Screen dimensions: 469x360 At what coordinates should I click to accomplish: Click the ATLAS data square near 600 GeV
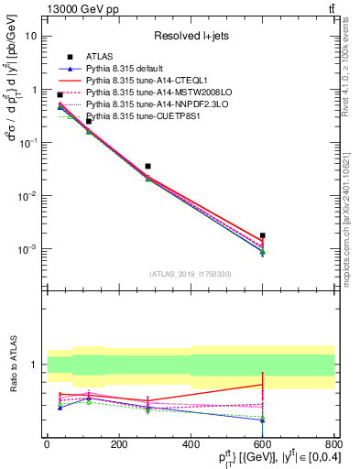[262, 235]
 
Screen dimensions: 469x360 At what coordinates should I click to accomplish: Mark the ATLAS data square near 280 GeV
[147, 167]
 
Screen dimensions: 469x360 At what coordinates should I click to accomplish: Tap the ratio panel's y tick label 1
[33, 365]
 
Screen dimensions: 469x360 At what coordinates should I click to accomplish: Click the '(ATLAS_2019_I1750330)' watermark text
[190, 273]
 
